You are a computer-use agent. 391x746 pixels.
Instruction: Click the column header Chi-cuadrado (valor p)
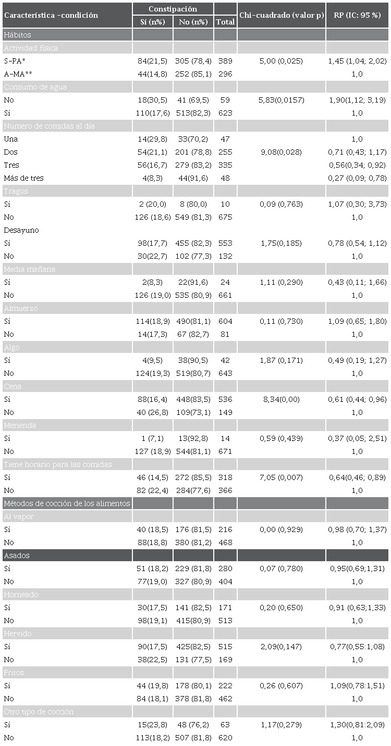tap(282, 16)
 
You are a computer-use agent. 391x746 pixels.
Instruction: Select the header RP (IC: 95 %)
tap(357, 16)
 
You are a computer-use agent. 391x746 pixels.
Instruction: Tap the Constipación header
tap(173, 9)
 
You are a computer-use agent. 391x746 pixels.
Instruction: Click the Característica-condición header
tap(51, 16)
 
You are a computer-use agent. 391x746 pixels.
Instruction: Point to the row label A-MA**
tap(17, 74)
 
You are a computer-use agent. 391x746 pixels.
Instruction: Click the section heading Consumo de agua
tap(35, 87)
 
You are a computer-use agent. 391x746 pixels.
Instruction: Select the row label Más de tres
tap(23, 178)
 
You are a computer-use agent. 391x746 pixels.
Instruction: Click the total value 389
tap(225, 61)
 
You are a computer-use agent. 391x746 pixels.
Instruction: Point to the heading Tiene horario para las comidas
tap(58, 464)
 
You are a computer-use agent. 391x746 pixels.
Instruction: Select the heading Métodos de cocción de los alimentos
tap(67, 503)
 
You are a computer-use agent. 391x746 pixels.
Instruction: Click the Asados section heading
tap(17, 555)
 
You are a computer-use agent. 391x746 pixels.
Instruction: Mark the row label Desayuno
tap(21, 230)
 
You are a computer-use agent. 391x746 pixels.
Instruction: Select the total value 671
tap(225, 451)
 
